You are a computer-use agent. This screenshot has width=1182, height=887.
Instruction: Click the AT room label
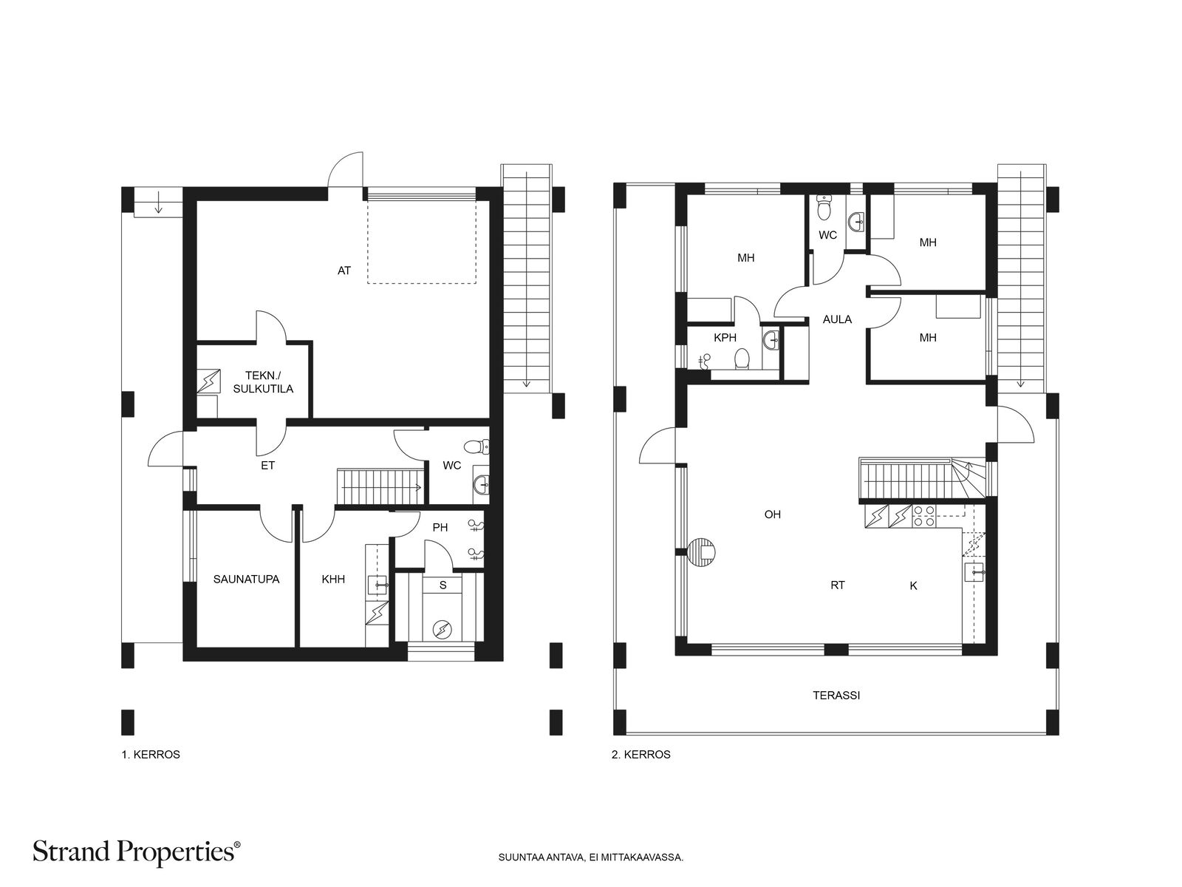tap(344, 271)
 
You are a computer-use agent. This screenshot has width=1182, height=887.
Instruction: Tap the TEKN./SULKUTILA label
tap(263, 382)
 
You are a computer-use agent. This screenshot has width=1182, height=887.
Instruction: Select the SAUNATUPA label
tap(246, 580)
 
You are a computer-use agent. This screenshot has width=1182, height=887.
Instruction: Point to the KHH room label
tap(333, 580)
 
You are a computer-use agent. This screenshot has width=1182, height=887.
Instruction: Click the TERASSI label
tap(836, 696)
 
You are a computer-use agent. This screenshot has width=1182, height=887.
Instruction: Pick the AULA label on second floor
tap(837, 319)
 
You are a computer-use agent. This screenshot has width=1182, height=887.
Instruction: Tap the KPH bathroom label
tap(725, 338)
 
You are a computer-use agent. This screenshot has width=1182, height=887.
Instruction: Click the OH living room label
tap(772, 514)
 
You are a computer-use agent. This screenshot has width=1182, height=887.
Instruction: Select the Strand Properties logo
tap(137, 852)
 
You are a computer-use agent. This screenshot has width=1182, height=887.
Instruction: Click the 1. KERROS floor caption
tap(151, 755)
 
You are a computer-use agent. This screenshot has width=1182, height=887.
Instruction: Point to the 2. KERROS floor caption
tap(640, 755)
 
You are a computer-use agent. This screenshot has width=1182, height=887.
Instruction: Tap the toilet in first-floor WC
tap(476, 446)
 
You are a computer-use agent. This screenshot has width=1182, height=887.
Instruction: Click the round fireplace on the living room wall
tap(703, 552)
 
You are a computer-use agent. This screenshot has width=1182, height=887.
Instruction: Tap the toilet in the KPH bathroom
tap(742, 358)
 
